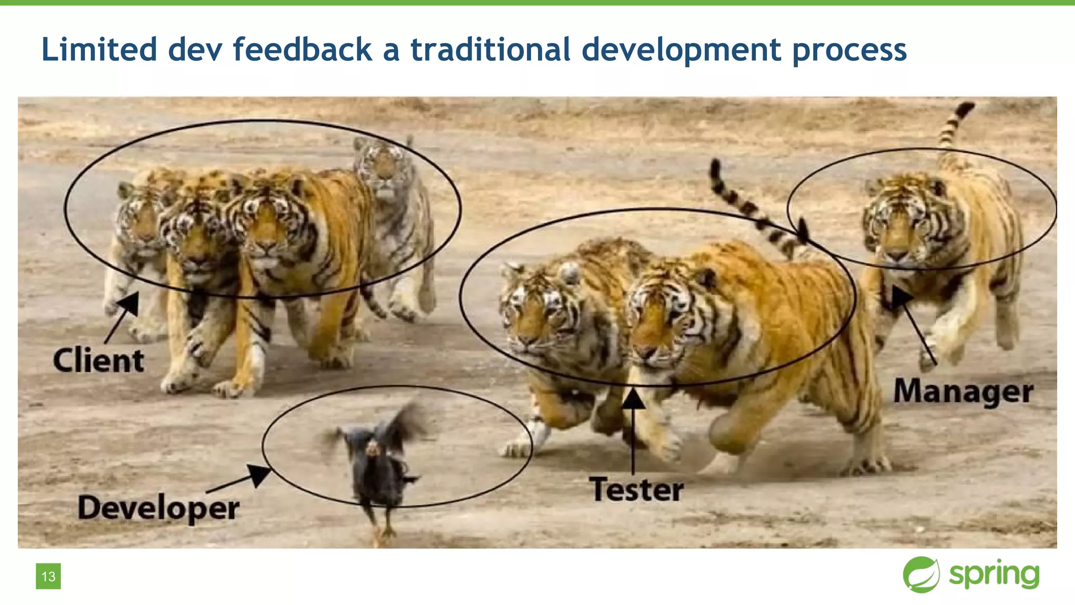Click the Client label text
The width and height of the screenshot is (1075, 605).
[99, 361]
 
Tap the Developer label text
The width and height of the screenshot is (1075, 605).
[159, 508]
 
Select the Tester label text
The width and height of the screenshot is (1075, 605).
[636, 489]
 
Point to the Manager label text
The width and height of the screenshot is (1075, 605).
[963, 392]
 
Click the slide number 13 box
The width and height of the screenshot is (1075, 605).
[48, 576]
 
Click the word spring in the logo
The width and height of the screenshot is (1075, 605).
[994, 575]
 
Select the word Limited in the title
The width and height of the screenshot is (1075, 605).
[99, 49]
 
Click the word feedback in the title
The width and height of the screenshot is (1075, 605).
[302, 49]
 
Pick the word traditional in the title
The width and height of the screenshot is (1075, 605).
[490, 49]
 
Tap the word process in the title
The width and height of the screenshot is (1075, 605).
[849, 50]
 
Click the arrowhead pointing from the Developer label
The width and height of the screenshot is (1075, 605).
[259, 474]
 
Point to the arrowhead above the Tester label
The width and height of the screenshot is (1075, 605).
[634, 399]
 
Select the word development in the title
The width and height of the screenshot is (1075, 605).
[681, 50]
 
